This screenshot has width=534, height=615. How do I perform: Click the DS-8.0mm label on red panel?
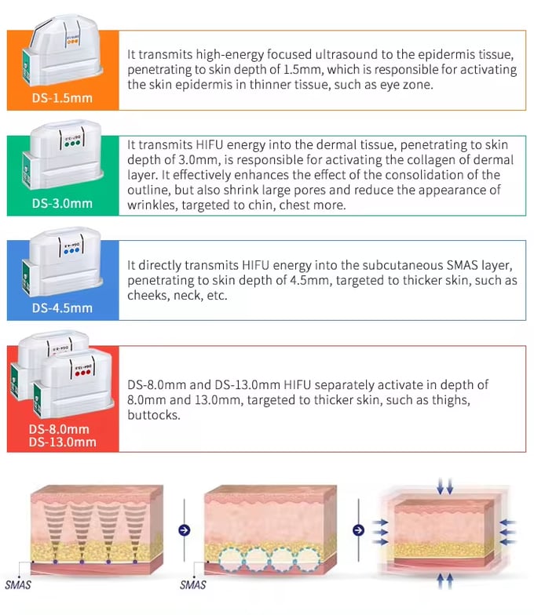point(59,430)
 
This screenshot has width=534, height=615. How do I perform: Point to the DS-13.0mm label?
point(63,442)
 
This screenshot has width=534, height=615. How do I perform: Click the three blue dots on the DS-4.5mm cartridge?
point(73,254)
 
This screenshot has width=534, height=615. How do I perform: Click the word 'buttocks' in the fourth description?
point(154,415)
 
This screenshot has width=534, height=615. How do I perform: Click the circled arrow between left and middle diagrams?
point(184,529)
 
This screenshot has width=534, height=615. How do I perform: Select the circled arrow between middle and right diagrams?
point(359,529)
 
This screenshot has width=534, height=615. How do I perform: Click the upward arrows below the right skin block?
point(445,580)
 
